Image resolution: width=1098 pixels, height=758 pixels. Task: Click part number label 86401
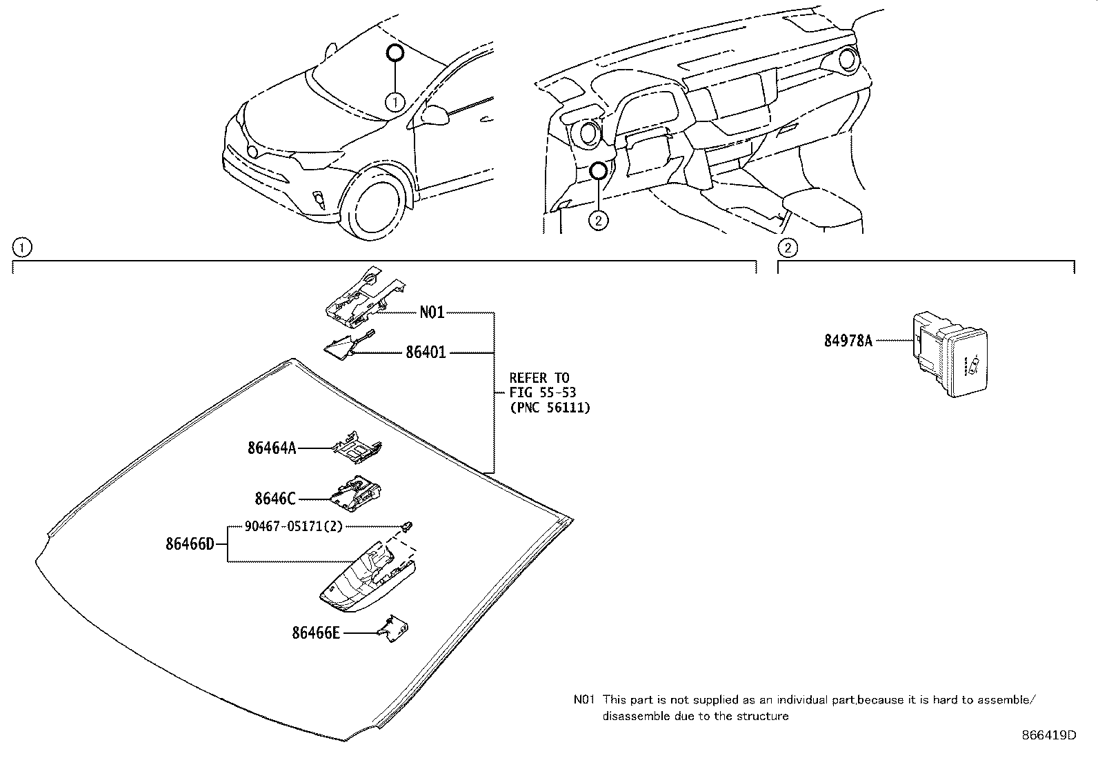point(426,352)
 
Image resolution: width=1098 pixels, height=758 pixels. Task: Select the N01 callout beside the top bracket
point(432,312)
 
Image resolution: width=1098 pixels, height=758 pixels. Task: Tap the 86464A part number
point(272,448)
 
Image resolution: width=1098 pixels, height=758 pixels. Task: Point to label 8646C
point(274,498)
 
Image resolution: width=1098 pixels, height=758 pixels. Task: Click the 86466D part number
point(190,543)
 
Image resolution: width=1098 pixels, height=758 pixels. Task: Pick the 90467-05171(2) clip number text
point(293,526)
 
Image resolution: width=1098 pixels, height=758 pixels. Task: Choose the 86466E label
point(316,632)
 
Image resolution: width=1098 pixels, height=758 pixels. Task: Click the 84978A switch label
point(848,340)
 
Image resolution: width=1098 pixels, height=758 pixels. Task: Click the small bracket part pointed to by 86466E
point(395,630)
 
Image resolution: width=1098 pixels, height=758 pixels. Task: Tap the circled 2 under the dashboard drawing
point(598,220)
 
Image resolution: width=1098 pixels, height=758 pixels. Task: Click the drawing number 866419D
point(1048,735)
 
